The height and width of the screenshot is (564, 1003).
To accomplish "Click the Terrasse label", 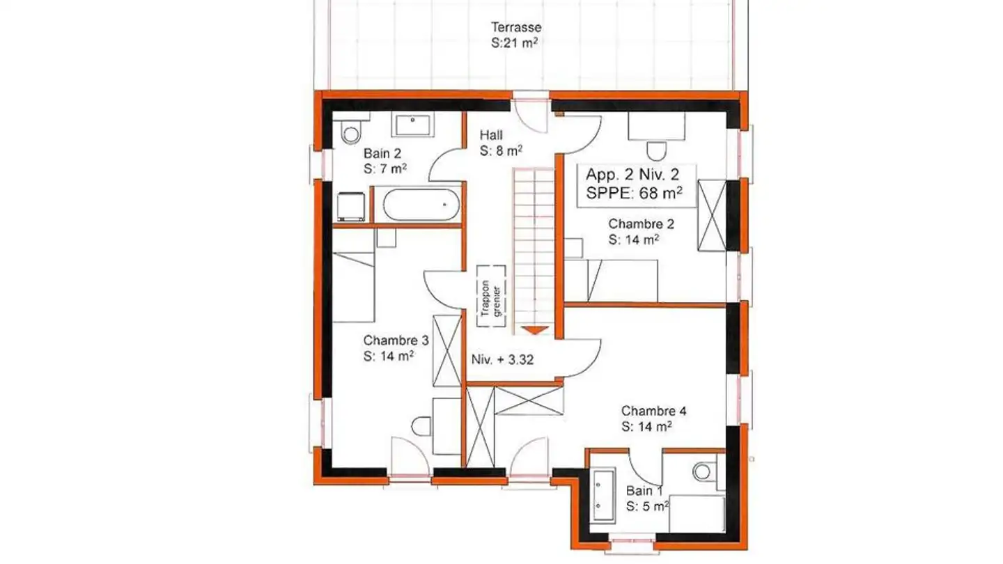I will [x=516, y=28].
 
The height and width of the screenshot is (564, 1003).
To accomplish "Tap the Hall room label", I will [x=491, y=135].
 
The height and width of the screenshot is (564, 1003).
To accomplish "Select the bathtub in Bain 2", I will [x=420, y=205].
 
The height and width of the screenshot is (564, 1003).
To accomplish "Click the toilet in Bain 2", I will [x=350, y=132].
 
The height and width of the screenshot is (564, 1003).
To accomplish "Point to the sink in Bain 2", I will [x=414, y=125].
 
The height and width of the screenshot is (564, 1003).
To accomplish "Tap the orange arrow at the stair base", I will [x=535, y=330].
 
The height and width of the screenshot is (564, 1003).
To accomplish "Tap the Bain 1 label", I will [x=639, y=490].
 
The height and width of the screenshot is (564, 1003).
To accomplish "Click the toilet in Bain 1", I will [x=703, y=471].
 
